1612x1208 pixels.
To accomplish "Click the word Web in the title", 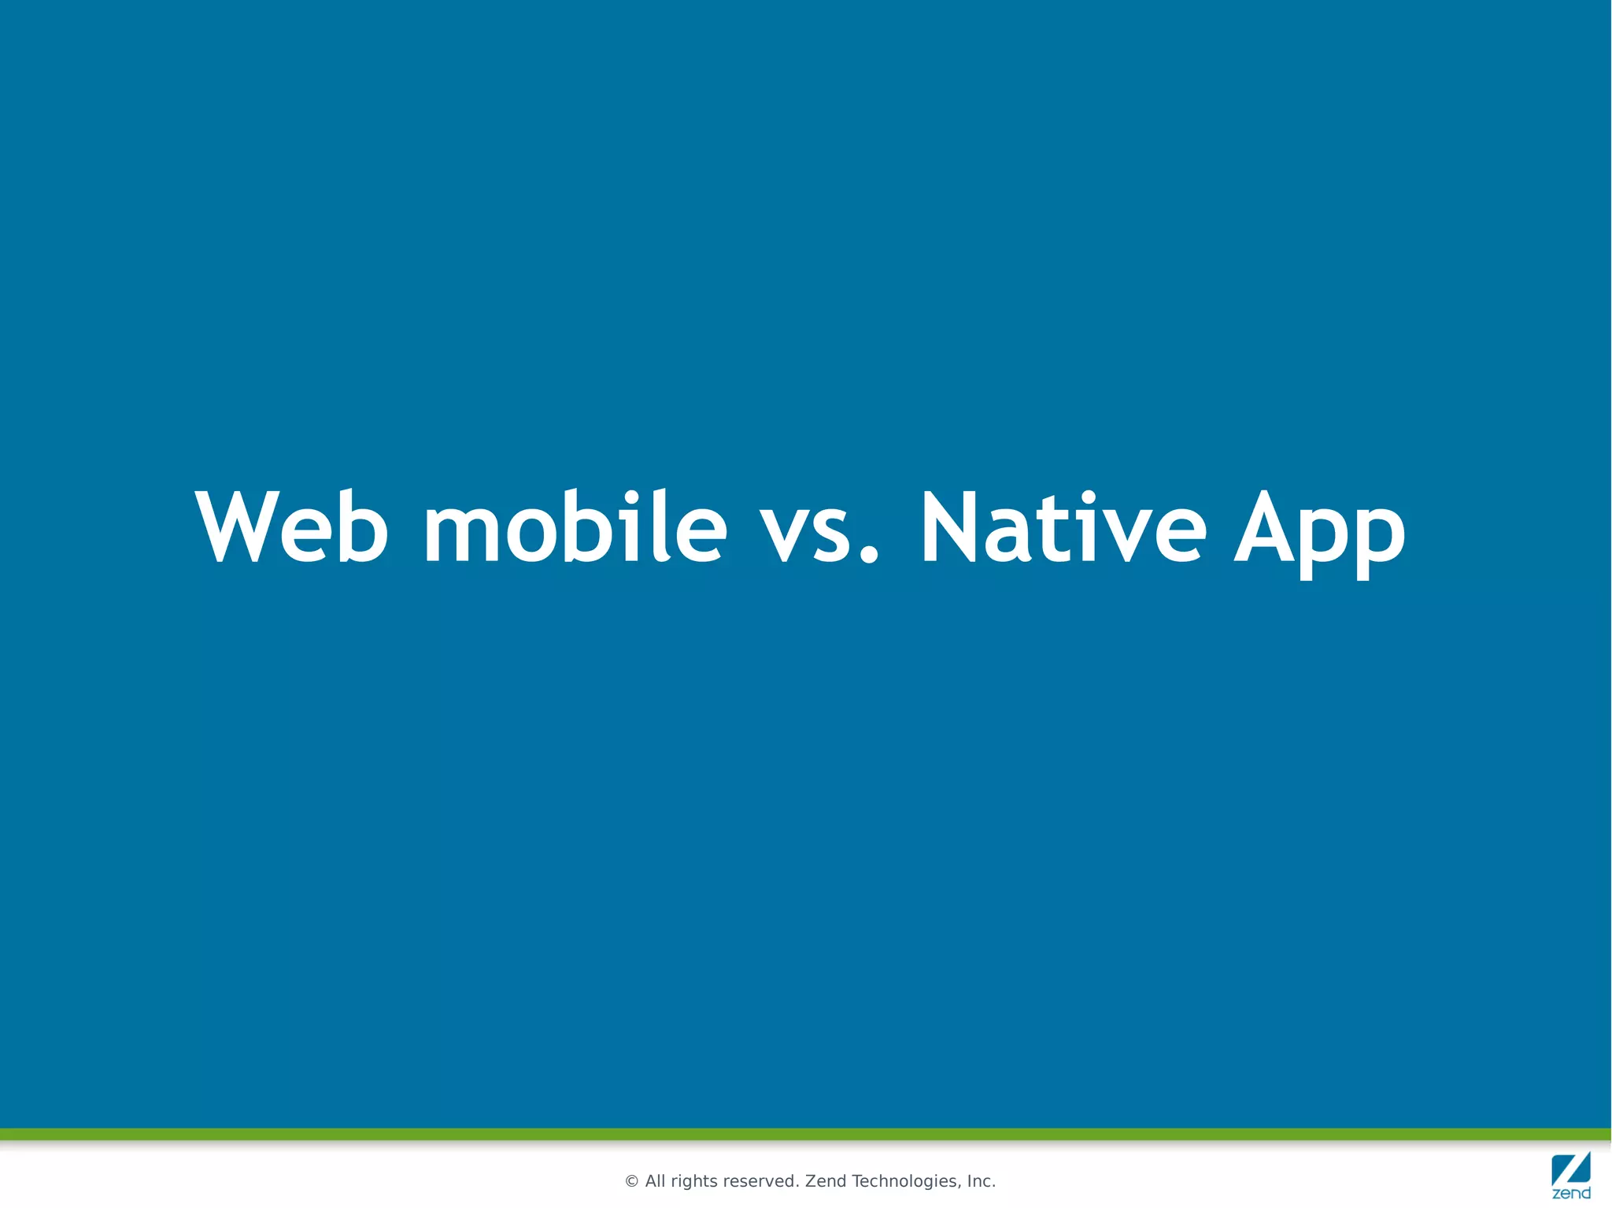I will coord(292,527).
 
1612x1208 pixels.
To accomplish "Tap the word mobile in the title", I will coord(575,527).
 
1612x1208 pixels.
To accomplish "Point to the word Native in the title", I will coord(1063,527).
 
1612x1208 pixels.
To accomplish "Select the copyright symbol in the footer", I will coord(631,1181).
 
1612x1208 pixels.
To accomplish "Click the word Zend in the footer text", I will coord(826,1181).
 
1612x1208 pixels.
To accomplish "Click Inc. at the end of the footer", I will coord(982,1181).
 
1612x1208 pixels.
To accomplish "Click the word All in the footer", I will coord(655,1181).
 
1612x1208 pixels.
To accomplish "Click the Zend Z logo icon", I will coord(1570,1169).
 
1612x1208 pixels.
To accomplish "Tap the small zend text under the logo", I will coord(1571,1194).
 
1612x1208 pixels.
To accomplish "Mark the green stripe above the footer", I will coord(806,1134).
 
